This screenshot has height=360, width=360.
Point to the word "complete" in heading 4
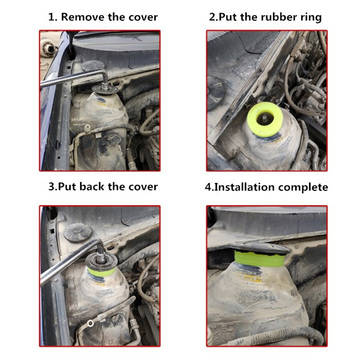click(x=303, y=187)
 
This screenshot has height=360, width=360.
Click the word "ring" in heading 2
click(x=311, y=18)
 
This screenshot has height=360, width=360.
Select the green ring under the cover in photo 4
click(x=260, y=258)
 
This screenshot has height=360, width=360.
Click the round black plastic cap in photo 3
click(x=77, y=233)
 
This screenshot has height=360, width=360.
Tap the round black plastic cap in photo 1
click(x=93, y=65)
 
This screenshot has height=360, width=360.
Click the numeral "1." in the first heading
click(x=53, y=18)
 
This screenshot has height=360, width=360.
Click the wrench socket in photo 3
click(x=102, y=254)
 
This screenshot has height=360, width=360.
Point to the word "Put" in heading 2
click(x=228, y=17)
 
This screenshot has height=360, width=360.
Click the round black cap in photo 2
click(x=216, y=93)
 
